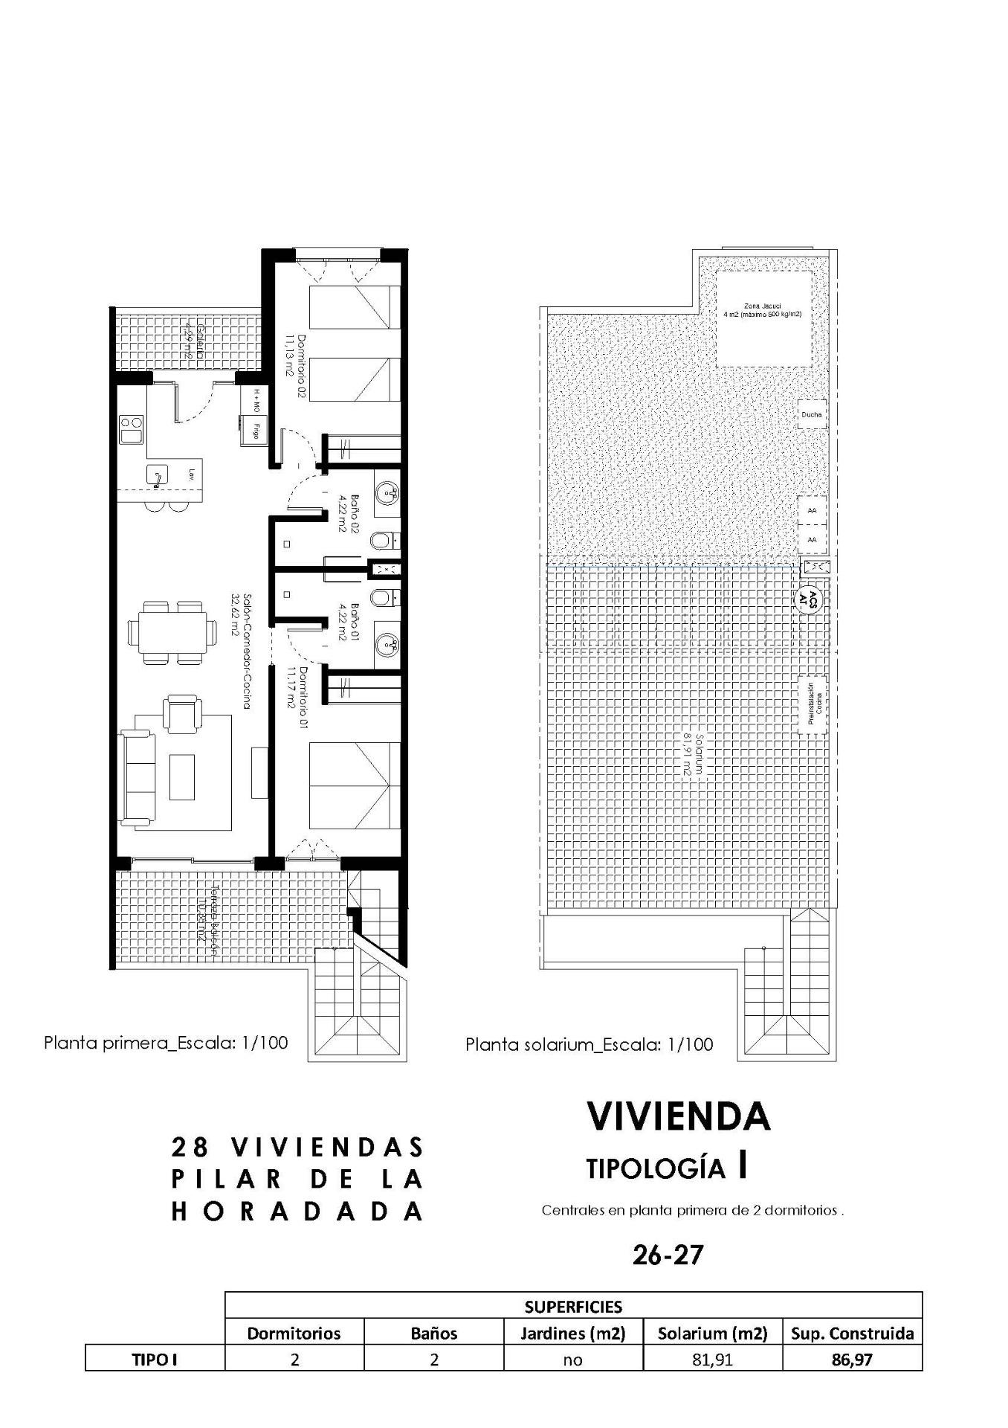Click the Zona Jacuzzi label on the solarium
(762, 309)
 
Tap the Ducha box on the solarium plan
(812, 414)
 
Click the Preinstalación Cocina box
(813, 704)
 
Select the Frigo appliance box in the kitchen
(254, 431)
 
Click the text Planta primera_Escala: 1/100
(165, 1042)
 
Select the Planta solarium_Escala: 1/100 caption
(589, 1044)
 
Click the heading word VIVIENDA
(678, 1116)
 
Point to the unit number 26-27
(668, 1255)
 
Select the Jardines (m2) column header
(572, 1334)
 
